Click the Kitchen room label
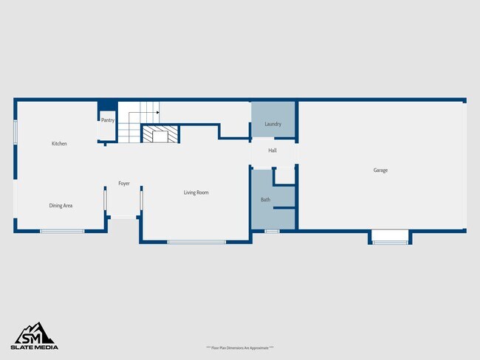pyautogui.click(x=59, y=144)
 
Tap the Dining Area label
pyautogui.click(x=61, y=206)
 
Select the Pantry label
pyautogui.click(x=107, y=120)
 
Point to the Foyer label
pyautogui.click(x=124, y=184)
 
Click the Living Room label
pyautogui.click(x=196, y=193)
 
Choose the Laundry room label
pyautogui.click(x=273, y=124)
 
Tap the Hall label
pyautogui.click(x=272, y=150)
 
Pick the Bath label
pyautogui.click(x=265, y=200)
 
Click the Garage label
pyautogui.click(x=380, y=170)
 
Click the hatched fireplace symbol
pyautogui.click(x=160, y=134)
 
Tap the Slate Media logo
pyautogui.click(x=34, y=336)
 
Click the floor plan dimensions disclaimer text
pyautogui.click(x=240, y=347)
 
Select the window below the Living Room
pyautogui.click(x=196, y=242)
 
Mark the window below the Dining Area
pyautogui.click(x=62, y=232)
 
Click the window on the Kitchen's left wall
pyautogui.click(x=16, y=131)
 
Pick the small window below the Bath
pyautogui.click(x=272, y=232)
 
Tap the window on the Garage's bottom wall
pyautogui.click(x=390, y=241)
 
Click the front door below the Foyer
pyautogui.click(x=123, y=217)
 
